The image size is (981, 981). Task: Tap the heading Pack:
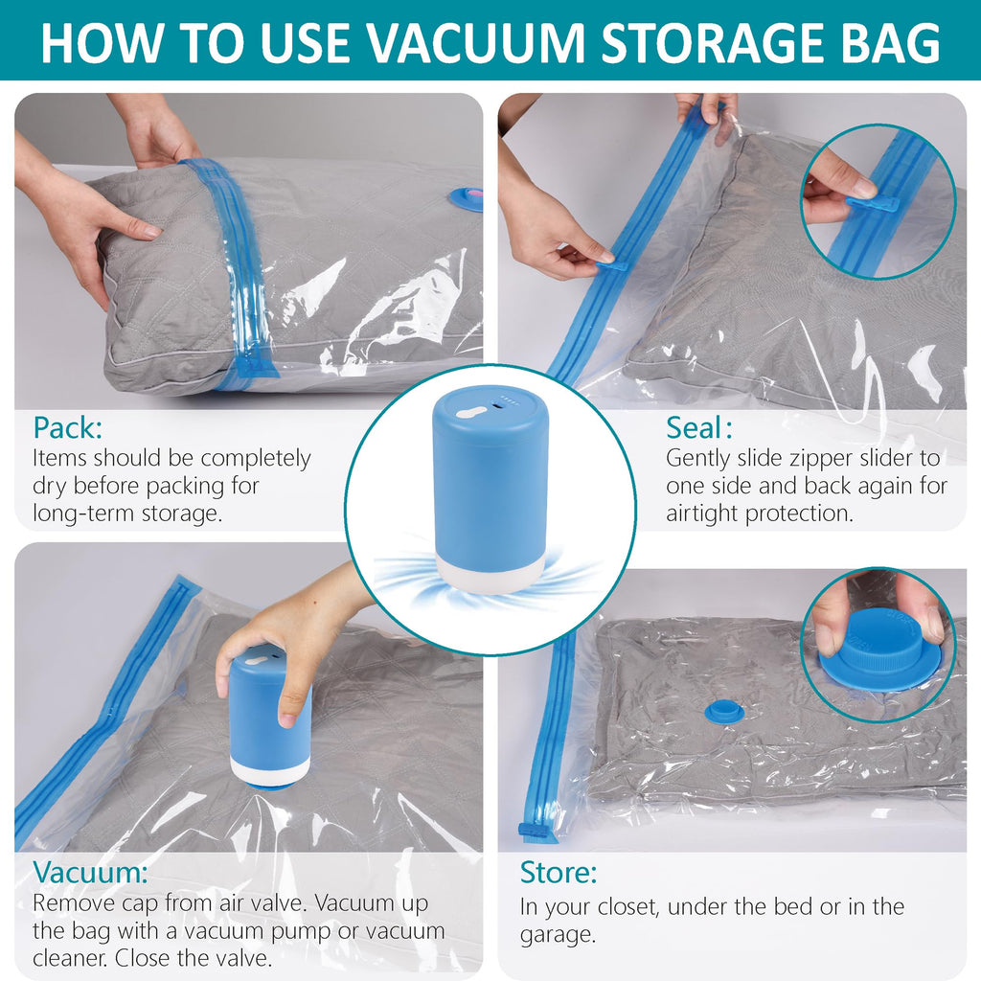click(x=68, y=426)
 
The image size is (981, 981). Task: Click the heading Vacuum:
click(x=91, y=873)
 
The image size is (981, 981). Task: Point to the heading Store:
click(x=559, y=873)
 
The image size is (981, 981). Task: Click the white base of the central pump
click(x=489, y=571)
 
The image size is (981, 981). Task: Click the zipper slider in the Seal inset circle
click(x=872, y=203)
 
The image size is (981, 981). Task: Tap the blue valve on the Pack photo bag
click(x=465, y=198)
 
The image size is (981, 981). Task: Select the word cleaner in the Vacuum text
click(x=70, y=957)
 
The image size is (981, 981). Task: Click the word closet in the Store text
click(x=630, y=906)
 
